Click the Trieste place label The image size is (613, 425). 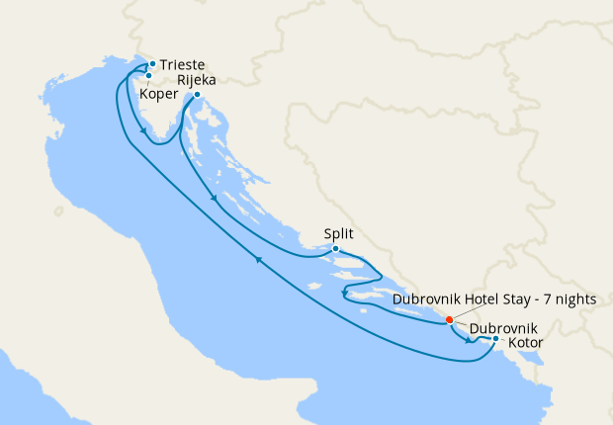click(183, 65)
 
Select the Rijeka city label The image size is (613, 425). click(197, 81)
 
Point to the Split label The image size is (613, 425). click(338, 235)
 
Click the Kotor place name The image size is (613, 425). click(527, 343)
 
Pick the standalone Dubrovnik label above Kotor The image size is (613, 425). click(503, 328)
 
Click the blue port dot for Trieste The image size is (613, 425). click(152, 64)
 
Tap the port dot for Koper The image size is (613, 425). click(148, 75)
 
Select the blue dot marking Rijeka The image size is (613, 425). click(197, 95)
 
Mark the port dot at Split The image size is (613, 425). click(336, 248)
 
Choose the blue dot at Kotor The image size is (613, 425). click(495, 340)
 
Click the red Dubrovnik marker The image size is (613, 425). click(450, 319)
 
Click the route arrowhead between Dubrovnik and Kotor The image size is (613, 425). click(468, 341)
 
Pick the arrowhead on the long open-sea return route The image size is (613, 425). click(259, 260)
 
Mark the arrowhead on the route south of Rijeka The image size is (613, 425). click(214, 200)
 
